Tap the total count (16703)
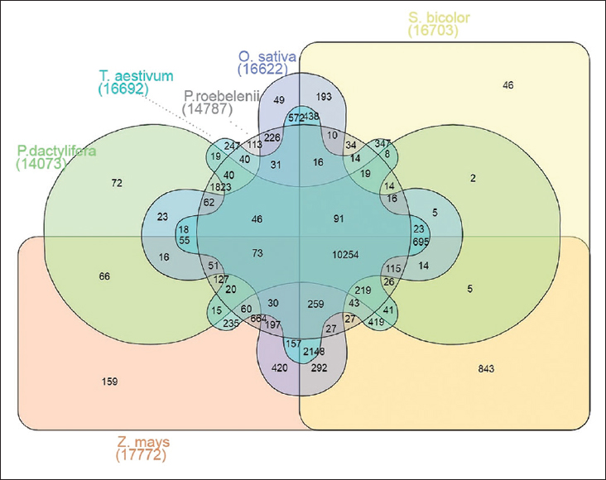[434, 31]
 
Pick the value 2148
[315, 354]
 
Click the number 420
[279, 368]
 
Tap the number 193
[325, 97]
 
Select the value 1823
[221, 187]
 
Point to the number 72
[117, 181]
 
